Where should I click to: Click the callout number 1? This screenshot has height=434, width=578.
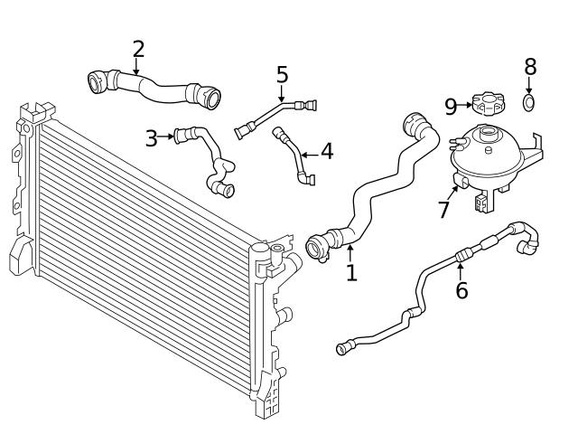(x=351, y=272)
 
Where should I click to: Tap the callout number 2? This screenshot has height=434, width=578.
(x=137, y=49)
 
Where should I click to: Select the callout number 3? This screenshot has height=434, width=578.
(x=151, y=138)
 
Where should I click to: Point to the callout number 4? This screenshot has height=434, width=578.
(x=326, y=151)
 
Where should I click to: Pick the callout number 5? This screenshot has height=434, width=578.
(x=282, y=74)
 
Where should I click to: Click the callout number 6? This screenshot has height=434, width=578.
(x=461, y=291)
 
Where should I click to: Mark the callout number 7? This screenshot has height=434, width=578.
(x=443, y=210)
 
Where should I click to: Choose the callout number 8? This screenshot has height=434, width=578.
(x=530, y=67)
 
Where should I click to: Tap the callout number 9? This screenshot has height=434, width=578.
(x=451, y=106)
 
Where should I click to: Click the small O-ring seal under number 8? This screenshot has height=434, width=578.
(x=530, y=102)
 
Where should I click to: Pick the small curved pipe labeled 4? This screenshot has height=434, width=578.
(x=294, y=156)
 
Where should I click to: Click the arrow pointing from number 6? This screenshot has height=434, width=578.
(x=461, y=269)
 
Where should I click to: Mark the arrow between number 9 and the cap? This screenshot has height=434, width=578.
(x=465, y=106)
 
